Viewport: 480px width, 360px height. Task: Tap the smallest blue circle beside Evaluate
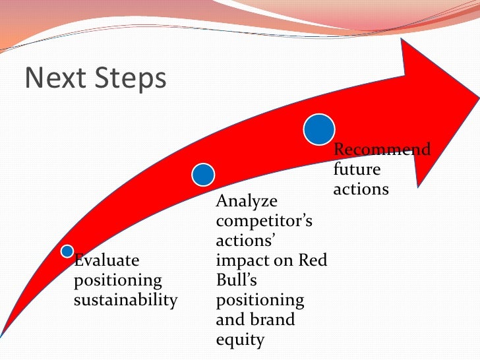click(67, 251)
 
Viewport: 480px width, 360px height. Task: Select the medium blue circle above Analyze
click(203, 175)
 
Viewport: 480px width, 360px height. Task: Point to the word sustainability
click(125, 301)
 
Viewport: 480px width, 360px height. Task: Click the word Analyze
click(247, 200)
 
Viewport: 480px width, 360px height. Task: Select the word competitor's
click(264, 220)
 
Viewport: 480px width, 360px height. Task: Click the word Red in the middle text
click(313, 260)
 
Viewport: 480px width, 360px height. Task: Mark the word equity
click(240, 340)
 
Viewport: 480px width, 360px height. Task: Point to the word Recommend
click(382, 150)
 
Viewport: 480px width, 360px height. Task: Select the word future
click(357, 169)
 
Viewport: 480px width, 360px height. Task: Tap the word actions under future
click(361, 189)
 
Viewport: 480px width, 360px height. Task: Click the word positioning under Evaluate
click(117, 280)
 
